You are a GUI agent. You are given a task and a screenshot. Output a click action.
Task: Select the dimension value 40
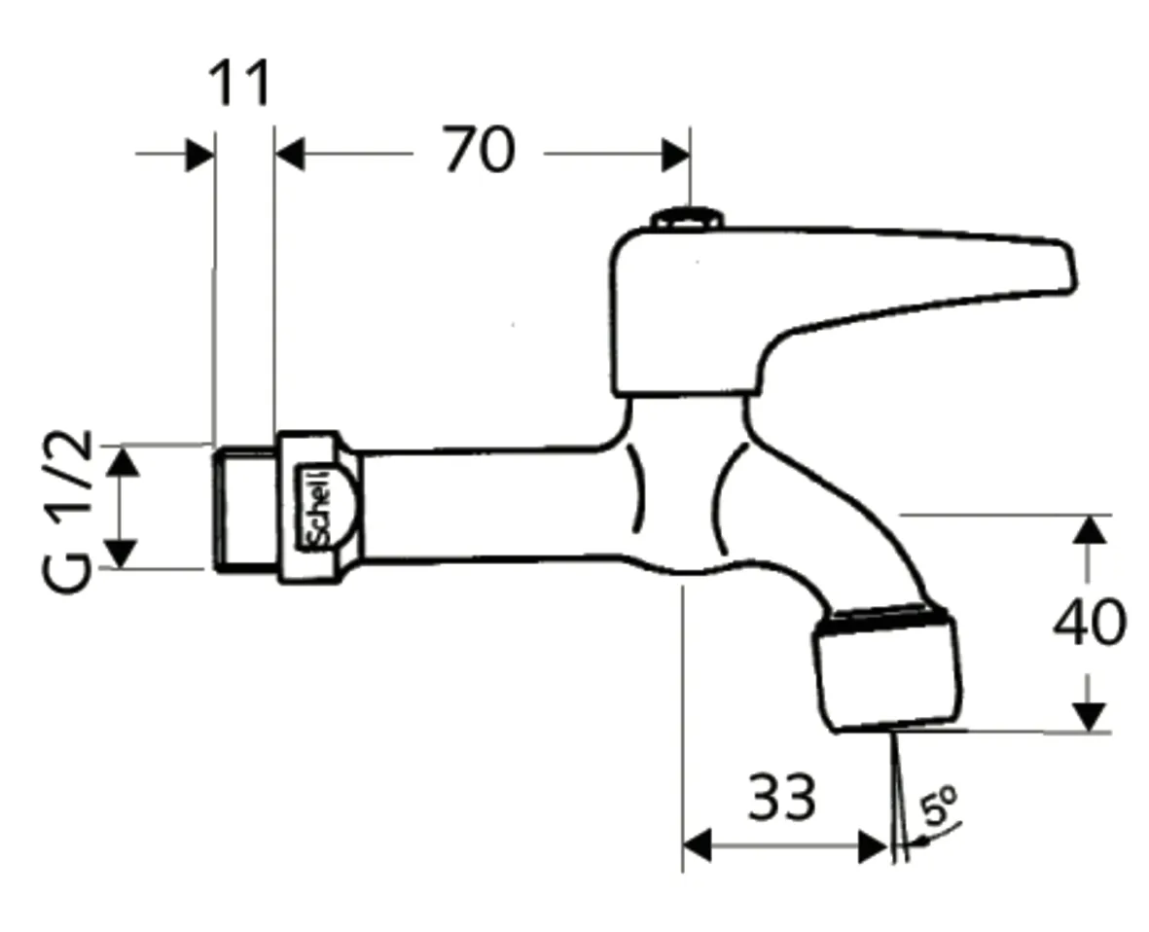[x=1090, y=623]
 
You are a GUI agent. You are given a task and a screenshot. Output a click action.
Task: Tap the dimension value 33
[x=781, y=799]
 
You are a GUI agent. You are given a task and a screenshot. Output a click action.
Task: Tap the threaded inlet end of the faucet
[x=242, y=507]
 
